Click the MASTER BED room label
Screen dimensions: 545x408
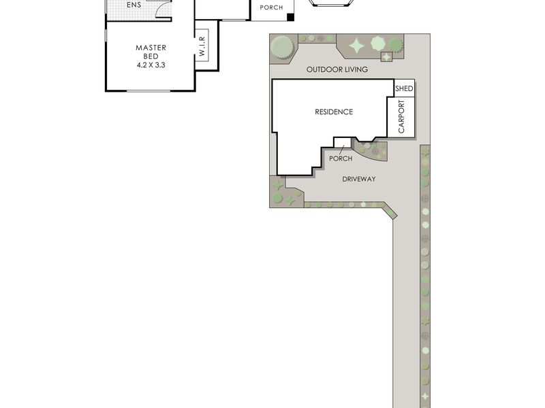pos(151,52)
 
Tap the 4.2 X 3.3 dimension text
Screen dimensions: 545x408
pos(151,65)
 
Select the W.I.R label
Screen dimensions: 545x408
pos(202,46)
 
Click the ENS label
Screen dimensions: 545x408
pos(134,5)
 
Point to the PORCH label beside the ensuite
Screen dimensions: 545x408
pos(271,7)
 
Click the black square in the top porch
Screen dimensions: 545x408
pos(290,18)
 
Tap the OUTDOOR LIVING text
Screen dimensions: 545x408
pos(337,69)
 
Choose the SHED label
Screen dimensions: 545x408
pos(404,88)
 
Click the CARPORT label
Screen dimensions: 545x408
pos(401,116)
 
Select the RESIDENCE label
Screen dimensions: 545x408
pos(334,112)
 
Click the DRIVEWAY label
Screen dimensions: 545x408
pos(359,179)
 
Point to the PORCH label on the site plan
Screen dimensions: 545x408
pos(341,158)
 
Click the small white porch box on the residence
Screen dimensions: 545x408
pos(343,142)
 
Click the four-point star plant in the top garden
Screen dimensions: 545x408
pos(356,46)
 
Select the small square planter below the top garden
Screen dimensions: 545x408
pos(386,56)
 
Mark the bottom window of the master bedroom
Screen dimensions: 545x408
pos(149,91)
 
